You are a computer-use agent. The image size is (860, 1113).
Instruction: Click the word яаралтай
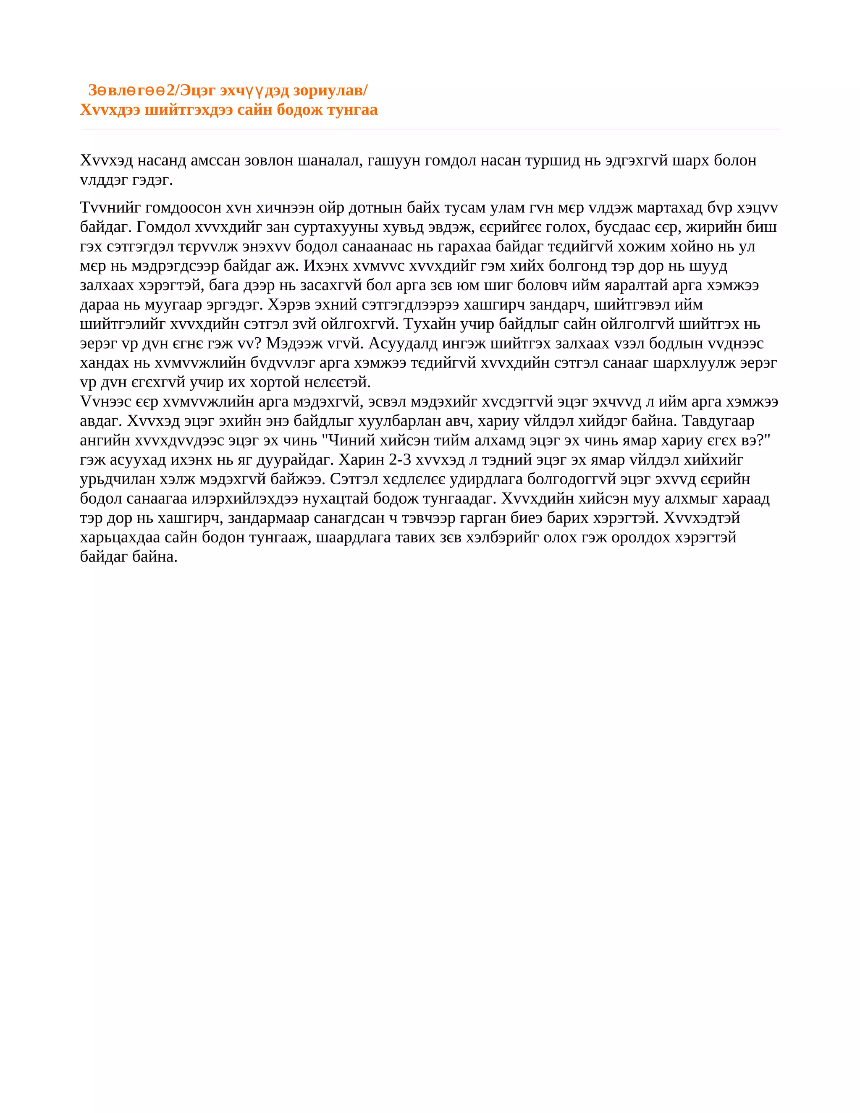tap(636, 285)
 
